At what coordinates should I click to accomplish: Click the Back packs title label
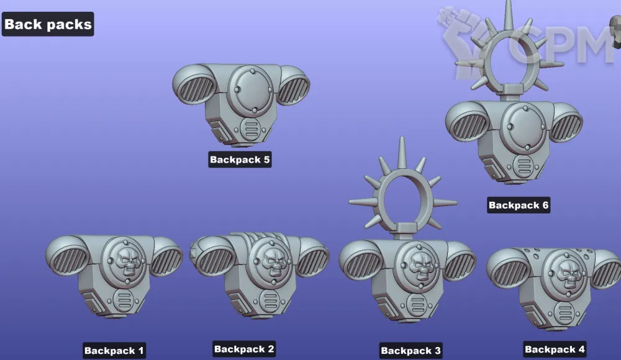[48, 24]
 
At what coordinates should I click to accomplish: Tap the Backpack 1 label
[114, 351]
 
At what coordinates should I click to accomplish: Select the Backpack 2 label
[244, 349]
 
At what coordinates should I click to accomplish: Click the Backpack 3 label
[410, 351]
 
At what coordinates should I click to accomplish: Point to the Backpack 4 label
[555, 349]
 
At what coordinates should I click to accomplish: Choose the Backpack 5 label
[240, 160]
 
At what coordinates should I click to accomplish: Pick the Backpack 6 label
[519, 205]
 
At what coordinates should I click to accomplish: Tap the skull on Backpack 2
[273, 261]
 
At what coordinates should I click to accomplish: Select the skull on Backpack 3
[420, 266]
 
